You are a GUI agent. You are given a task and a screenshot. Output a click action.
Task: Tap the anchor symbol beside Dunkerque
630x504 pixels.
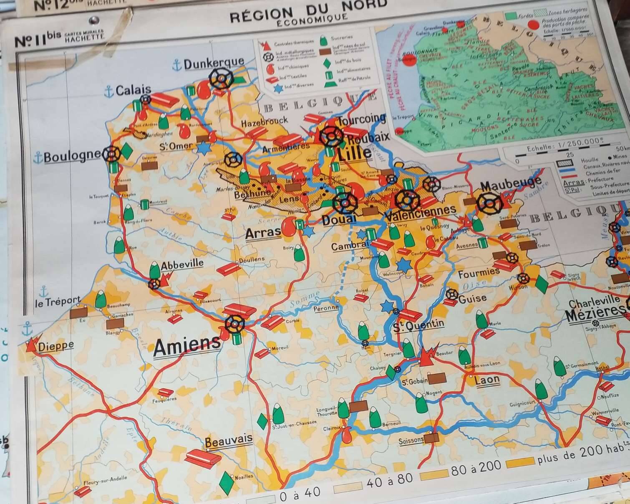pos(177,65)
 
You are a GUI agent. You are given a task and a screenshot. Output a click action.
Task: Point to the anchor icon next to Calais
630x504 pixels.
pos(109,91)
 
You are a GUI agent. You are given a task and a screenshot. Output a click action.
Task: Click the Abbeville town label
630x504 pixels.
pos(182,264)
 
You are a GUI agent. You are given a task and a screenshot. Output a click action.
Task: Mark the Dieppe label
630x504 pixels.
pos(56,346)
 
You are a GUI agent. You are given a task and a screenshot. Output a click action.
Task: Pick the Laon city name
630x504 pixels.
pos(487,380)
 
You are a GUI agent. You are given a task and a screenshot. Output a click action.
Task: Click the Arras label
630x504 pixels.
pos(263,233)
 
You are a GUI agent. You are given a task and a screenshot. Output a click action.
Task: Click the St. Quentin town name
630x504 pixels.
pos(418,325)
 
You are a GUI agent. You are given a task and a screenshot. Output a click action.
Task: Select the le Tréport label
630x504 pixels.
pos(58,301)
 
